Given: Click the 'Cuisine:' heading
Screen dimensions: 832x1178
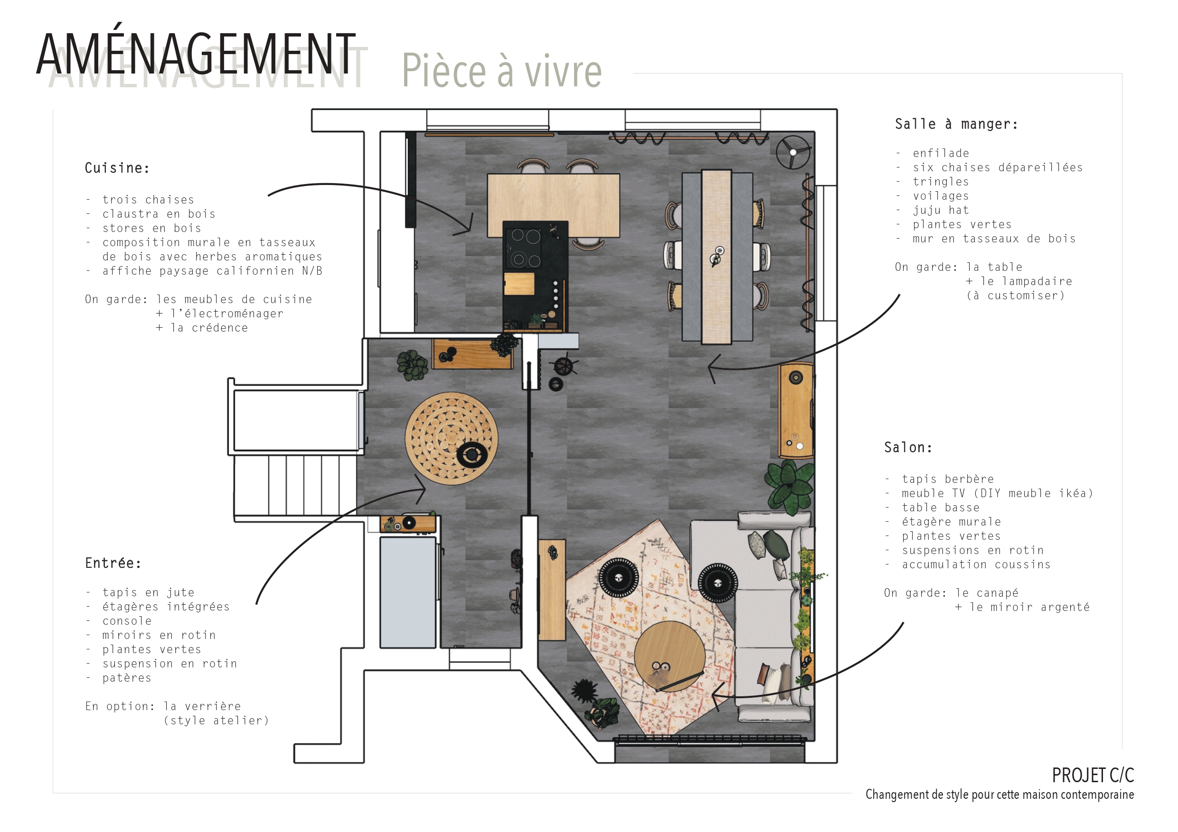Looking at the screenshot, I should (x=117, y=168).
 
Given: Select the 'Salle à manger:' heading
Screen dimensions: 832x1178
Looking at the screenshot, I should (x=956, y=124).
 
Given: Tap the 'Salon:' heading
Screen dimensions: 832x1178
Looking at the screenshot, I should (x=908, y=447).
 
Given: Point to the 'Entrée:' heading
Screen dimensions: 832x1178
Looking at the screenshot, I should (x=113, y=564).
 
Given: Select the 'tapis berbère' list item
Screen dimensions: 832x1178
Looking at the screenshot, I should (x=948, y=479).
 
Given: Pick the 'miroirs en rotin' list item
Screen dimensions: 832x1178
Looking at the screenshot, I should (x=159, y=635).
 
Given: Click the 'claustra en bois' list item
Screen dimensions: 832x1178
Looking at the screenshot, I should (x=159, y=214).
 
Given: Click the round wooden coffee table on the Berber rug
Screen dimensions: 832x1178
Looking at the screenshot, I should (x=669, y=656).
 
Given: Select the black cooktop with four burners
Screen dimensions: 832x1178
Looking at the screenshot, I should (x=524, y=248).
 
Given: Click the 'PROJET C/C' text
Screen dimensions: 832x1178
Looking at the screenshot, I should (x=1093, y=776).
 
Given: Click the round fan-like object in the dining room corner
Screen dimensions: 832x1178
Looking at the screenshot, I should (x=792, y=152).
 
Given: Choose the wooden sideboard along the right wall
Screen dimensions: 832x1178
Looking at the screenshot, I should (x=795, y=410).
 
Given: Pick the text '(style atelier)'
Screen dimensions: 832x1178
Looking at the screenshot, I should (x=216, y=721).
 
